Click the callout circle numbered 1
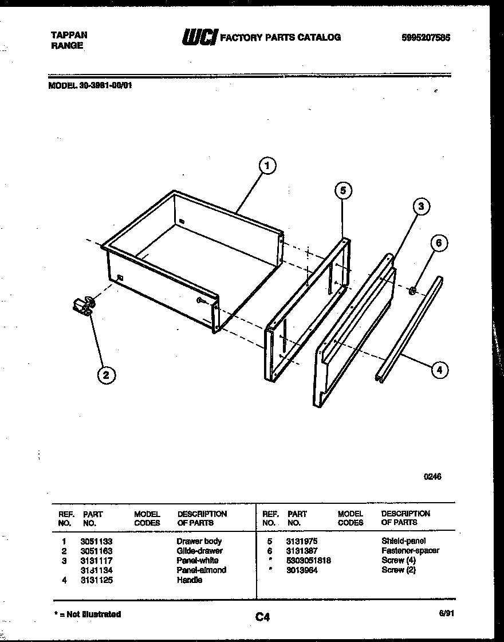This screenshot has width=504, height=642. pyautogui.click(x=266, y=166)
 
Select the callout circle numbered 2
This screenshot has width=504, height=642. pyautogui.click(x=105, y=375)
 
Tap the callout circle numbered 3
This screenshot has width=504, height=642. pyautogui.click(x=420, y=207)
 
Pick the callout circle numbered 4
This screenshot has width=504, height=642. pyautogui.click(x=439, y=370)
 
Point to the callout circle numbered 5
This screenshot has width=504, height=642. pyautogui.click(x=342, y=191)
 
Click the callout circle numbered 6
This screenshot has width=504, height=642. pyautogui.click(x=439, y=243)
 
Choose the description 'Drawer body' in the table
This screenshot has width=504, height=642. pyautogui.click(x=199, y=541)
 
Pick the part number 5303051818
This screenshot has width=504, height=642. pyautogui.click(x=309, y=560)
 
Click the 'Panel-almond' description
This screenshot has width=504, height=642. pyautogui.click(x=201, y=570)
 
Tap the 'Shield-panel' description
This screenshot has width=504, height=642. pyautogui.click(x=403, y=541)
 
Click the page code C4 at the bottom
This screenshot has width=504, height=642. pyautogui.click(x=262, y=617)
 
